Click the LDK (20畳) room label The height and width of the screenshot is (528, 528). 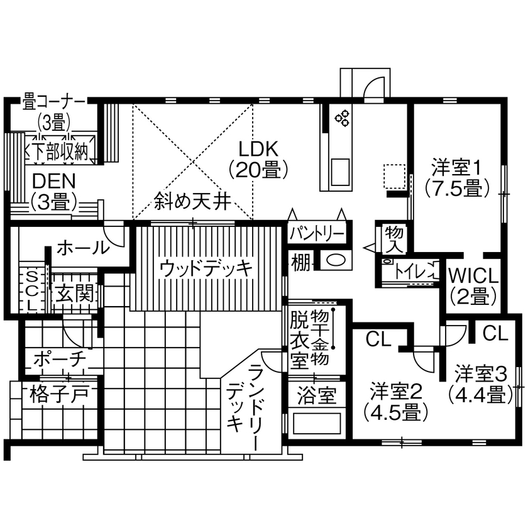coord(258,158)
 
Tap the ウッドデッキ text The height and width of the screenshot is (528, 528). coord(206,268)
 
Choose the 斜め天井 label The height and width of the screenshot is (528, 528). coord(192,202)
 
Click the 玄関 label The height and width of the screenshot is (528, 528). coord(74,292)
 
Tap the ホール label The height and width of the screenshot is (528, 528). coord(82,248)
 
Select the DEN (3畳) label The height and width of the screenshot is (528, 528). coord(53,190)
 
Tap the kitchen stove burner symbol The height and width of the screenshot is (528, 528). coord(343,116)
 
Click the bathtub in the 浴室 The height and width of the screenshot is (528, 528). coord(316,422)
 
